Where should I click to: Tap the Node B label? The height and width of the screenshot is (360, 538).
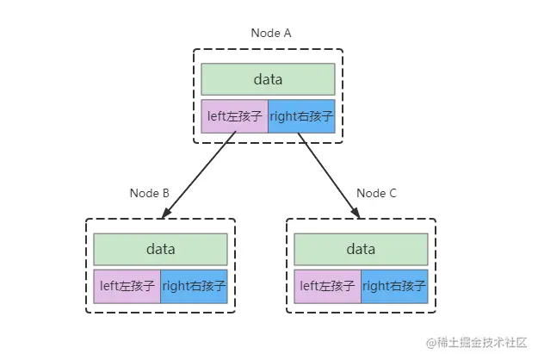(x=149, y=193)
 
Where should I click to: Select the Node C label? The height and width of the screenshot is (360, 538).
(x=376, y=193)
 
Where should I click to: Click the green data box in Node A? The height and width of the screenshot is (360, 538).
(x=268, y=79)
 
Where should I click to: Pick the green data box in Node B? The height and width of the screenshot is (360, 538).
(x=160, y=250)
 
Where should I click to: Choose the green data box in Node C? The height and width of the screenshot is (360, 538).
(x=361, y=250)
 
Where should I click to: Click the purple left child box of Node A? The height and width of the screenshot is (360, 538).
(x=234, y=116)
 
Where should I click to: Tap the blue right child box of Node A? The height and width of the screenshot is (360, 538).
(x=301, y=116)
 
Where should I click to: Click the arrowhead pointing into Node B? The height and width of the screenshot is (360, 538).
(x=167, y=213)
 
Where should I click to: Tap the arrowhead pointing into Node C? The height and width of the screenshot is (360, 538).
(x=354, y=213)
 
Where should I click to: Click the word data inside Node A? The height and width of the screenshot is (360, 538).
(x=268, y=79)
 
